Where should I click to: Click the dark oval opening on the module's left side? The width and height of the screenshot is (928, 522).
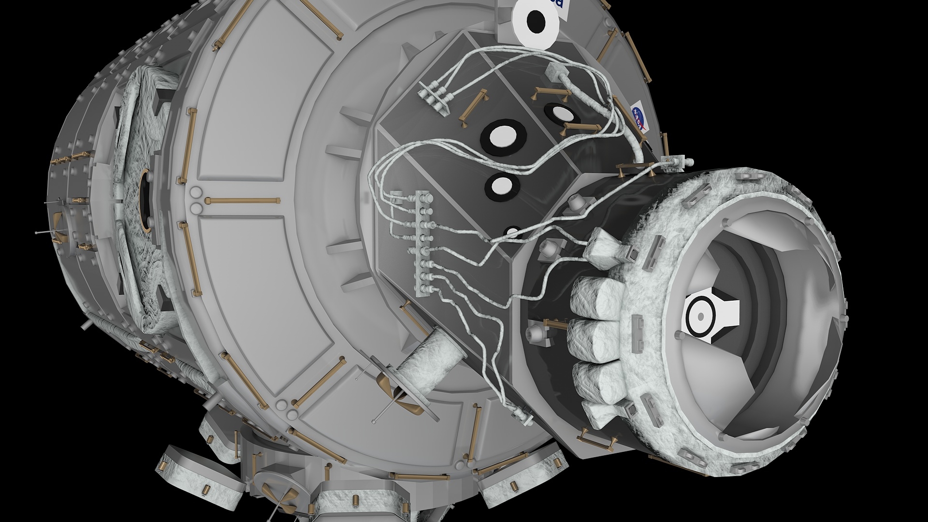145,203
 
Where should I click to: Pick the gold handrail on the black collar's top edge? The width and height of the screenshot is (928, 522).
635,169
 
